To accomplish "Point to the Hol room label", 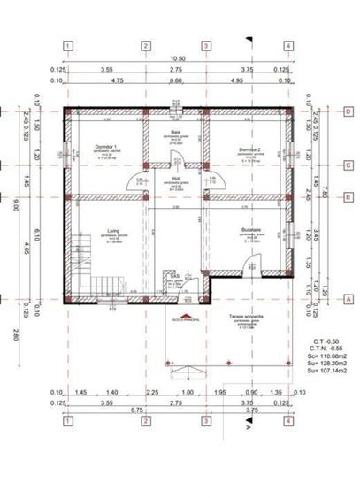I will click(x=176, y=178).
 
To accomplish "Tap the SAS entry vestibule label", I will click(x=176, y=276).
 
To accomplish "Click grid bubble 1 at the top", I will click(x=67, y=46).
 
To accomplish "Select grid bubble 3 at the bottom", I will click(x=205, y=422).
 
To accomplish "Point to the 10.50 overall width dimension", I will click(x=178, y=59).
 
